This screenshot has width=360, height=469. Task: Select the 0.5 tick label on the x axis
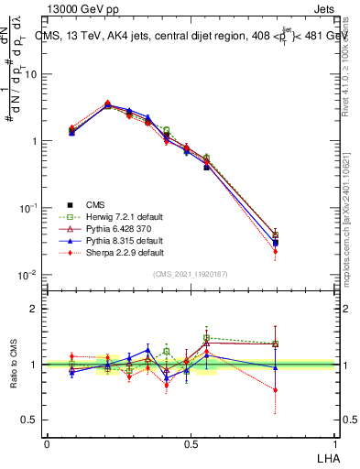(x=191, y=443)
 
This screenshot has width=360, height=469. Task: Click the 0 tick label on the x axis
(x=47, y=443)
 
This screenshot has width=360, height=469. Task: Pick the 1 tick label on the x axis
(x=335, y=443)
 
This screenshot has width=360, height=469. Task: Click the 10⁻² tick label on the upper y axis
(x=30, y=276)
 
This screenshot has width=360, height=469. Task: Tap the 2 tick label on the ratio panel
(x=37, y=310)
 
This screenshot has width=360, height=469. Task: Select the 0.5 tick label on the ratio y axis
(x=32, y=420)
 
